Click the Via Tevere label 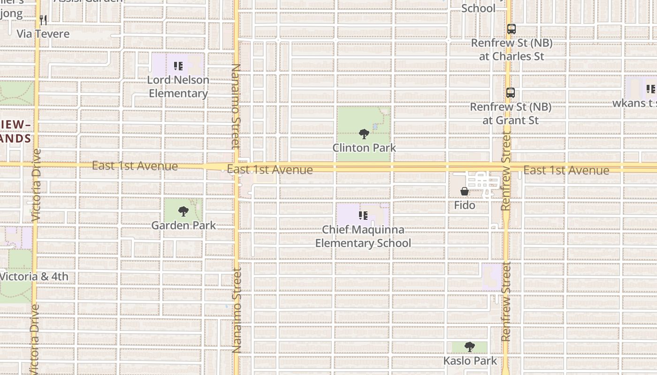pos(43,34)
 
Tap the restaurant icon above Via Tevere pos(43,20)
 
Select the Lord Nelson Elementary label pos(178,86)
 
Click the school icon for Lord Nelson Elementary pos(178,66)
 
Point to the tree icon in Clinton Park pos(364,135)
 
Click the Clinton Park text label pos(364,148)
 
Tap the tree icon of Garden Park pos(183,211)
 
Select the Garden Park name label pos(183,225)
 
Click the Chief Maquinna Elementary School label pos(363,236)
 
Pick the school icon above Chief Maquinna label pos(363,216)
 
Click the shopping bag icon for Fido pos(465,191)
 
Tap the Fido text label pos(465,205)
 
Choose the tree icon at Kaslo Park pos(470,347)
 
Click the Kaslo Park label pos(470,361)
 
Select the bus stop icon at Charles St pos(512,29)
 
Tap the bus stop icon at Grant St pos(511,93)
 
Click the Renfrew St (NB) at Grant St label pos(511,113)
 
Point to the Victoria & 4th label pos(34,277)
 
